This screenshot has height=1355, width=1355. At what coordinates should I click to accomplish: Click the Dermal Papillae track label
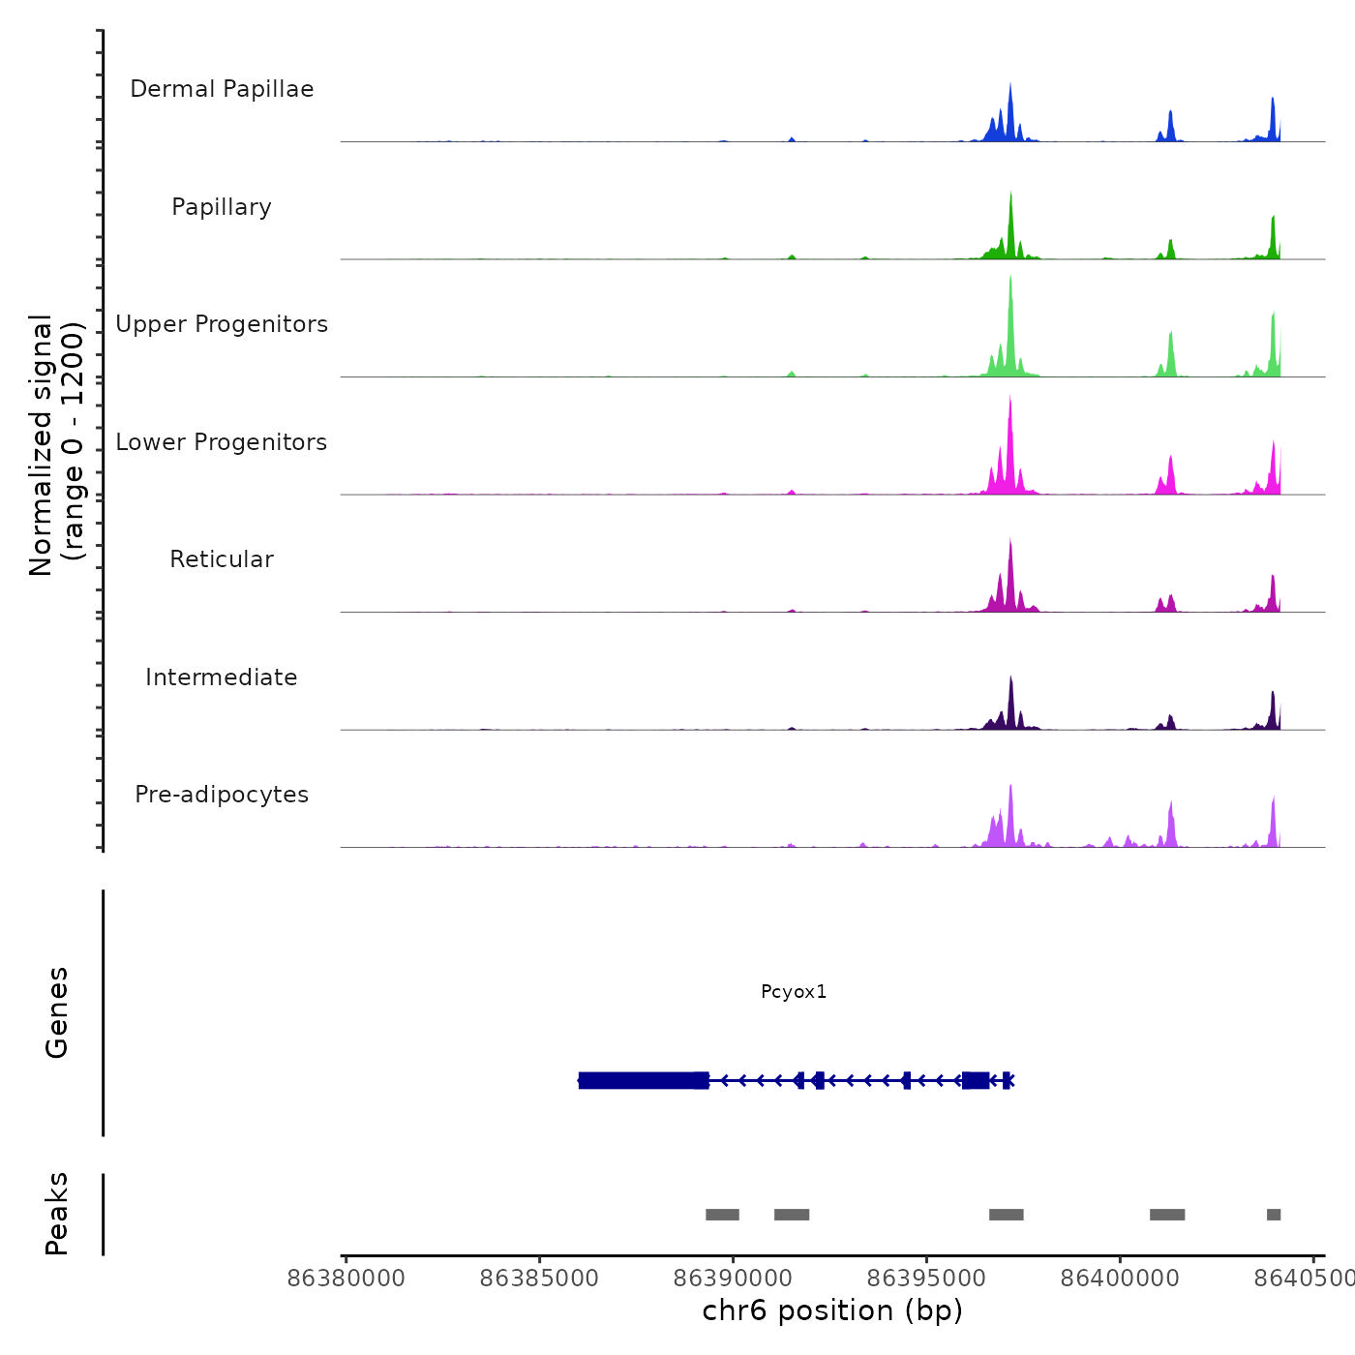[222, 89]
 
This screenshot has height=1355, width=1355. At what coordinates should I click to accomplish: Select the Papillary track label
[222, 207]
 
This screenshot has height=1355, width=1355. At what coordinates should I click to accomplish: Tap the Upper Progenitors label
[222, 324]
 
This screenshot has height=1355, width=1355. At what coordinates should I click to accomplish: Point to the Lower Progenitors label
[222, 442]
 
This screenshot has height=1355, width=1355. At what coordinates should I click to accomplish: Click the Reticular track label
[222, 559]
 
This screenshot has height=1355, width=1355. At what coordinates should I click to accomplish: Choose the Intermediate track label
[222, 677]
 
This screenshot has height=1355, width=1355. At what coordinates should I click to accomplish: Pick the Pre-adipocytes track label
[222, 795]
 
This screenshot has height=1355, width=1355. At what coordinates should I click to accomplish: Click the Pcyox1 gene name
[794, 992]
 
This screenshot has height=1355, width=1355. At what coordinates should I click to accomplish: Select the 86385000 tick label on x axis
[539, 1279]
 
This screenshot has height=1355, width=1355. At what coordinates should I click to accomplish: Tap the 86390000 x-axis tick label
[733, 1279]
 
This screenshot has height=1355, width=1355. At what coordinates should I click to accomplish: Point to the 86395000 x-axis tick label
[926, 1279]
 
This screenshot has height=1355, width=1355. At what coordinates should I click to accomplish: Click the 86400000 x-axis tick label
[1120, 1279]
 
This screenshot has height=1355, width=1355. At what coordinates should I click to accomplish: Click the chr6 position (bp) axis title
[832, 1311]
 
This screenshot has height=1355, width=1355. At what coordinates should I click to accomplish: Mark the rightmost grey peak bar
[1274, 1215]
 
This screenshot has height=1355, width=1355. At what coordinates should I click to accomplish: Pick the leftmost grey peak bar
[722, 1215]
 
